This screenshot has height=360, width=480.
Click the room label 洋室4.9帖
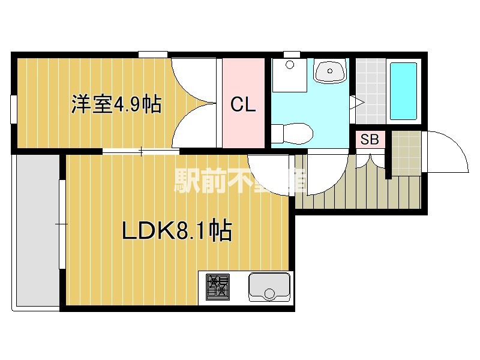[116, 104]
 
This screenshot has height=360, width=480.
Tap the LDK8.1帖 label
[177, 230]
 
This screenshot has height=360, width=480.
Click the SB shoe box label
[370, 140]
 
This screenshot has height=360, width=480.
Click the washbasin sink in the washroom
[329, 72]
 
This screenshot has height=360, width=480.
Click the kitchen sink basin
[269, 287]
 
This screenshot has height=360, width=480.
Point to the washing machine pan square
[289, 76]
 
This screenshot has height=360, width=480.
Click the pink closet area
[244, 129]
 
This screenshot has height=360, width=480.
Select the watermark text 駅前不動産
[240, 179]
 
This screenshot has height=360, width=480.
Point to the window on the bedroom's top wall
[152, 55]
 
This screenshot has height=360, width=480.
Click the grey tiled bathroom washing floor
[367, 90]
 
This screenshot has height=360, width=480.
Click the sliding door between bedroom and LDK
[141, 151]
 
